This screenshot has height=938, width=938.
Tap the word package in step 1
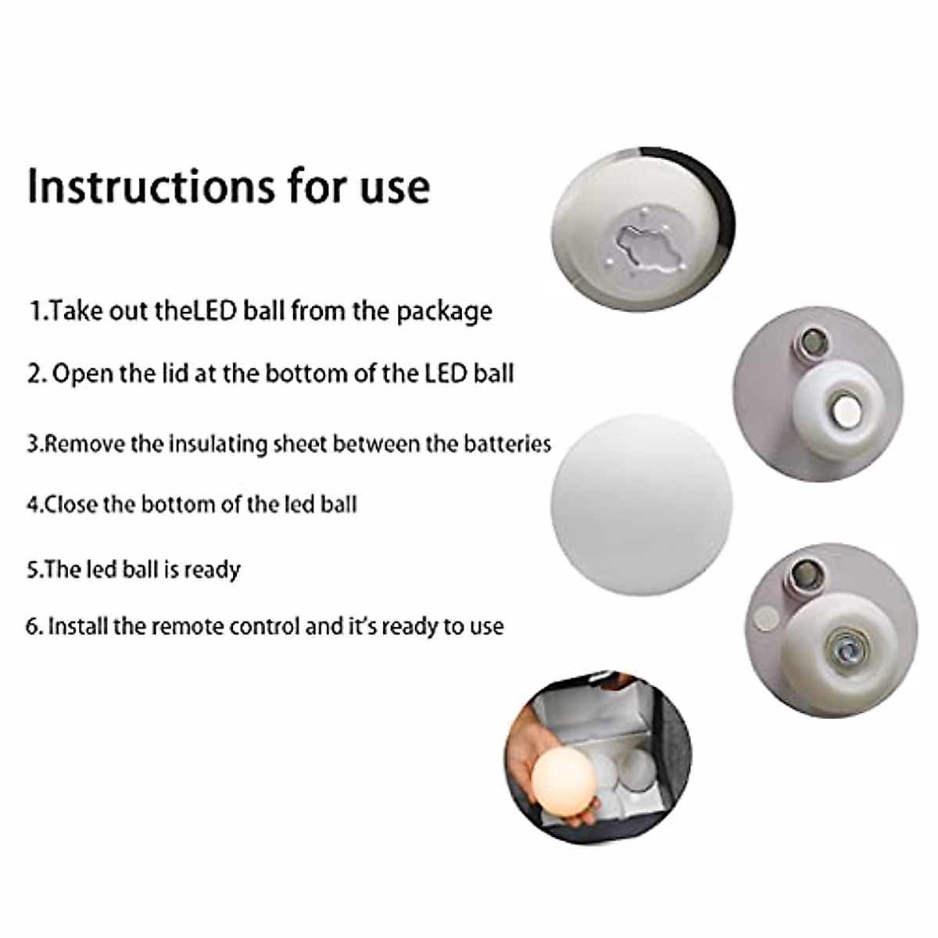coord(444,312)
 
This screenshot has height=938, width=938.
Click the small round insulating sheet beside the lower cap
coord(768,618)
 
